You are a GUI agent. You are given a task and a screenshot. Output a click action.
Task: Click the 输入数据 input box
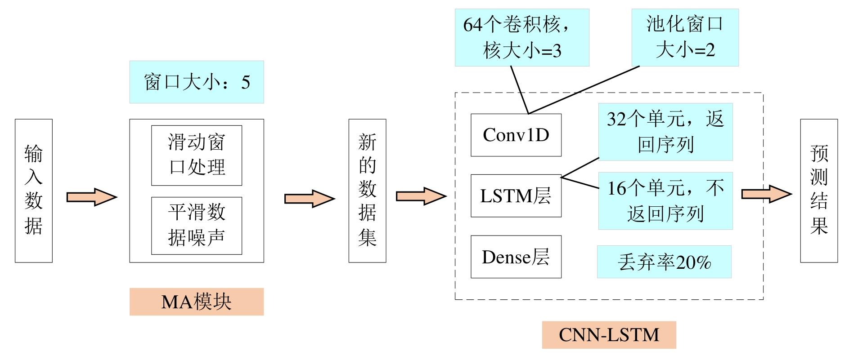(34, 191)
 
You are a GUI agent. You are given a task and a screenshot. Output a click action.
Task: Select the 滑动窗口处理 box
(197, 156)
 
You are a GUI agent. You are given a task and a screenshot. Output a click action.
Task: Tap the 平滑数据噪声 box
(197, 226)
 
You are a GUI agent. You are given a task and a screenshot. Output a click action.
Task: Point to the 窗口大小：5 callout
(197, 82)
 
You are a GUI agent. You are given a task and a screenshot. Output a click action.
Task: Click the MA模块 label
(197, 302)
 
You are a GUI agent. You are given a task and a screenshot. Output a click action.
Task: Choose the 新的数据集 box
(367, 191)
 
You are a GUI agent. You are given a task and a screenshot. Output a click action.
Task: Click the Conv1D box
(516, 135)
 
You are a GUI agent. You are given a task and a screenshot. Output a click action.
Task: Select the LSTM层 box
(516, 196)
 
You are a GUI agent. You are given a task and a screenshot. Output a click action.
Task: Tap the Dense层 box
(516, 257)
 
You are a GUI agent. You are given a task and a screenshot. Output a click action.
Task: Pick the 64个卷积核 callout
(522, 37)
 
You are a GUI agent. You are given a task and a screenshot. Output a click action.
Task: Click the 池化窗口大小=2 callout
(685, 37)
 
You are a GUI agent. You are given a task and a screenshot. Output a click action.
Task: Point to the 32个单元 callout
(665, 132)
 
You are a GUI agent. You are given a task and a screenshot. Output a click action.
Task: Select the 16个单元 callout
(665, 201)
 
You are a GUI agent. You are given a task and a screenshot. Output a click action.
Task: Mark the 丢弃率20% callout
(664, 262)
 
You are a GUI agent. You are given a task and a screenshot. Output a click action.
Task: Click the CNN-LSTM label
(609, 335)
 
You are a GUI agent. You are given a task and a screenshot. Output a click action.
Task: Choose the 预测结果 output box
(819, 191)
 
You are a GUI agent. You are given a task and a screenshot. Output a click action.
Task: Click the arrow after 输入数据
(91, 197)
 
